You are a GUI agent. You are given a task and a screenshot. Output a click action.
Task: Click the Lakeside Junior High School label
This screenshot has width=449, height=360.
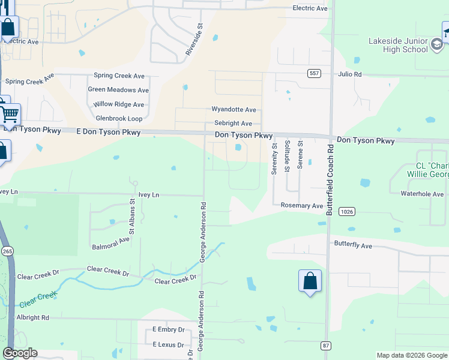tap(398, 45)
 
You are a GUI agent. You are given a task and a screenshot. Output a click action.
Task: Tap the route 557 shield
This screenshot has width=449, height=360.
tap(313, 73)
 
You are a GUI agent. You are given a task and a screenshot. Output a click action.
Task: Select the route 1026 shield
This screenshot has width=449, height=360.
tap(346, 211)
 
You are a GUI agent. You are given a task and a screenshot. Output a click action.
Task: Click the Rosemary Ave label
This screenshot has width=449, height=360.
tap(302, 206)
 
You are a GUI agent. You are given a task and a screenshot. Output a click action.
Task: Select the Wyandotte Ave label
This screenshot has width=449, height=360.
tap(234, 110)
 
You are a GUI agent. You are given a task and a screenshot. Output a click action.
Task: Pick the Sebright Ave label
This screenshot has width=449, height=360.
tap(233, 123)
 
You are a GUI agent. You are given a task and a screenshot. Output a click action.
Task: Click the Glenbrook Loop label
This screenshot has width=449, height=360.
tap(119, 119)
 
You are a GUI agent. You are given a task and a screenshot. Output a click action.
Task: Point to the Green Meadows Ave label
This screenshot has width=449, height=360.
tap(118, 90)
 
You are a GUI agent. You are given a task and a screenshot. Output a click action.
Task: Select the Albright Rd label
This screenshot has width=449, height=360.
tap(33, 317)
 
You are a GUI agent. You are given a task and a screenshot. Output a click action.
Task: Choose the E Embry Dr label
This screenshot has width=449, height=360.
tap(168, 330)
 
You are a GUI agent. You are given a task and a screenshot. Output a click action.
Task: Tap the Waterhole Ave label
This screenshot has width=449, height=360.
tap(422, 194)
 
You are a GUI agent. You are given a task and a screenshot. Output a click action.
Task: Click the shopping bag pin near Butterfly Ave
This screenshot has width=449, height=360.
tap(310, 281)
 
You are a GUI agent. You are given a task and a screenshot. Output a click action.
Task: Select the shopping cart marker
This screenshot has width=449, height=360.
tap(9, 113)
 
